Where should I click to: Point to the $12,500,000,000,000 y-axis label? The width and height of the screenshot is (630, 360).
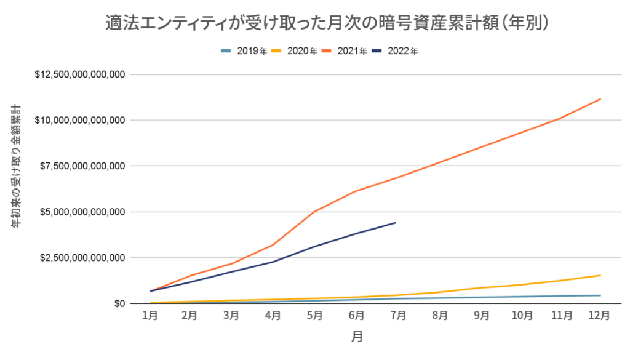point(81,74)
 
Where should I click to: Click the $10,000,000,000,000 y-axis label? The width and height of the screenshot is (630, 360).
point(81,120)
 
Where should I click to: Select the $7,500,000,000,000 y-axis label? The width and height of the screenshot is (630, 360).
point(83,166)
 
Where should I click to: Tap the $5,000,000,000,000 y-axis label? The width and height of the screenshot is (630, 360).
point(83,212)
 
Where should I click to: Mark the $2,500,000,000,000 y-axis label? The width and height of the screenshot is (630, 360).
point(83,257)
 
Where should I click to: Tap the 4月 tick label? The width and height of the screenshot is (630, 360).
point(273,316)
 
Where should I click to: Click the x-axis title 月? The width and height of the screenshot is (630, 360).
point(357,337)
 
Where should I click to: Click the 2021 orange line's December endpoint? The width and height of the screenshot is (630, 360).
point(600,99)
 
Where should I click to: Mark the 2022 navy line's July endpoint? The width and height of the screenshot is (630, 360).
point(395,223)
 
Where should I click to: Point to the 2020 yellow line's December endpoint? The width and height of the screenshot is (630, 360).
point(600,275)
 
